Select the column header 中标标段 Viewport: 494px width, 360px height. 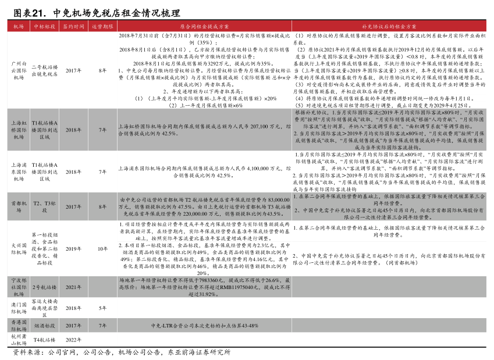tap(44, 27)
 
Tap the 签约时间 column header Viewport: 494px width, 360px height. tap(74, 27)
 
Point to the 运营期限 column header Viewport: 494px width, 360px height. tap(102, 27)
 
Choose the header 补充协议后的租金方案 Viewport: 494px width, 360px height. tap(389, 27)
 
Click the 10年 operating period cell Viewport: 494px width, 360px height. tap(102, 249)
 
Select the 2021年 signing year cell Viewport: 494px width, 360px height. tap(74, 287)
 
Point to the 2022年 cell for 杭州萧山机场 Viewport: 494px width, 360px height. tap(74, 339)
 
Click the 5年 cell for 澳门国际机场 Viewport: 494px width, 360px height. tap(102, 308)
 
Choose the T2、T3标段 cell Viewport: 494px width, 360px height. tap(44, 206)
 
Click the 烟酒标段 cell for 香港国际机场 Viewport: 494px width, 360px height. tap(44, 325)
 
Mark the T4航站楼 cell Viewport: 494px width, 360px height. tap(44, 339)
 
